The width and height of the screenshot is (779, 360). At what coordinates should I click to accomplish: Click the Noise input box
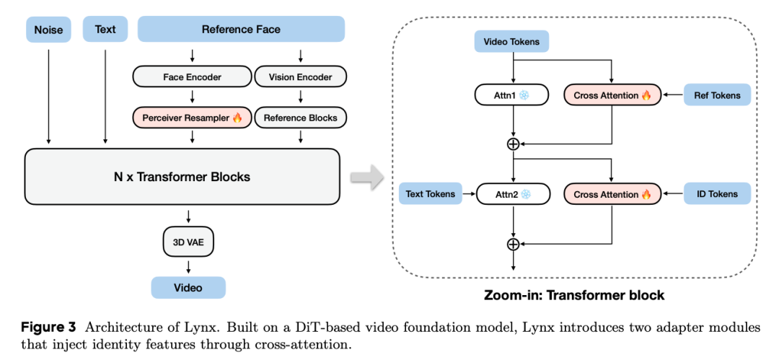tap(48, 30)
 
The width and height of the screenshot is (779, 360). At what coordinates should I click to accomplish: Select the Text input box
tap(105, 30)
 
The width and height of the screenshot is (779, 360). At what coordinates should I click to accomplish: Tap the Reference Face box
tap(241, 30)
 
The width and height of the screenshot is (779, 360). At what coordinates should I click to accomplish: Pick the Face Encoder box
tap(192, 76)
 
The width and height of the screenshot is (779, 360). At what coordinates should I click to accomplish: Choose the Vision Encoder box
tap(300, 76)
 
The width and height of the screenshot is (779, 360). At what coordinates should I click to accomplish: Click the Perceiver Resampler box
tap(192, 118)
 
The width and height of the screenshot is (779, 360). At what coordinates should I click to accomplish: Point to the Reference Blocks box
tap(300, 118)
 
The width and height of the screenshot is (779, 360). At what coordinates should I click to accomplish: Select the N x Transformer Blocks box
tap(182, 177)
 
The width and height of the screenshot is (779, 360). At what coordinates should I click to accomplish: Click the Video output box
tap(188, 287)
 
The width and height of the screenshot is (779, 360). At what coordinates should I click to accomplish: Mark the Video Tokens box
tap(511, 42)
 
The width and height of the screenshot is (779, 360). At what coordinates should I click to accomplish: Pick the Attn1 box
tap(511, 95)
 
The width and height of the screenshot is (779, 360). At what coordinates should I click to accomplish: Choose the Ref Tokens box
tap(717, 95)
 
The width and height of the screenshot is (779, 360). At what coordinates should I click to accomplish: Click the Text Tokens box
tap(430, 193)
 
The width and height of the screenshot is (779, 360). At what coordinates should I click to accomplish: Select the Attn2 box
tap(511, 193)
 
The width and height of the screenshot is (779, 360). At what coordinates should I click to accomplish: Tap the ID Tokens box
tap(717, 193)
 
